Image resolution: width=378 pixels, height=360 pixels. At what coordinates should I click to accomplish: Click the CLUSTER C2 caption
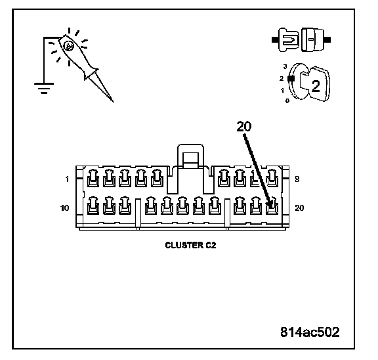[x=190, y=245]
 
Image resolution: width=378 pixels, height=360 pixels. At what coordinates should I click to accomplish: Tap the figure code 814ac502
[x=310, y=332]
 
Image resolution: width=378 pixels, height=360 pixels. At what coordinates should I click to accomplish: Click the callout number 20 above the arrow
[x=244, y=126]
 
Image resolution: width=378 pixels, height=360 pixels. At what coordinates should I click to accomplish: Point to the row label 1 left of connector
[x=67, y=179]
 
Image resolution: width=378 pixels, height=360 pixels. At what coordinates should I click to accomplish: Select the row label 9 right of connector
[x=297, y=179]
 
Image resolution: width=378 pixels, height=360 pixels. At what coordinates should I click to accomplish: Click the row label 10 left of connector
[x=64, y=208]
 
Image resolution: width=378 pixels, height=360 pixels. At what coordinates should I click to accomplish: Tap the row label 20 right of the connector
[x=299, y=208]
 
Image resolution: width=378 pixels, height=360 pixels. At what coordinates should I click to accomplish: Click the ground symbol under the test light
[x=44, y=88]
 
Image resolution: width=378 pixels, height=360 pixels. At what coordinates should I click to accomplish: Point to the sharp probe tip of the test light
[x=114, y=102]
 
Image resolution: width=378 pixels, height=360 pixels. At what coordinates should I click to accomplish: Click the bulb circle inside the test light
[x=69, y=46]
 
